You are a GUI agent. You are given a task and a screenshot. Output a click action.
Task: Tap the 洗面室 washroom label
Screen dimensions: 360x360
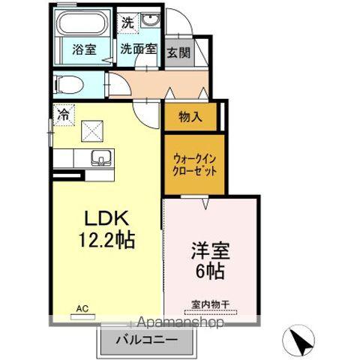139,50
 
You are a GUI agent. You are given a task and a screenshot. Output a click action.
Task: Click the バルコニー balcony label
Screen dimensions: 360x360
147,340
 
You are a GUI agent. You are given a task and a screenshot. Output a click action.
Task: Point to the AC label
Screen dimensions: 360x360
82,306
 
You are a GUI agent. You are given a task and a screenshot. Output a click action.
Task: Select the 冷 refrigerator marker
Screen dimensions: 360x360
64,115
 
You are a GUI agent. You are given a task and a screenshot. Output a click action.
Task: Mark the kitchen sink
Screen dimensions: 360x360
100,158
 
